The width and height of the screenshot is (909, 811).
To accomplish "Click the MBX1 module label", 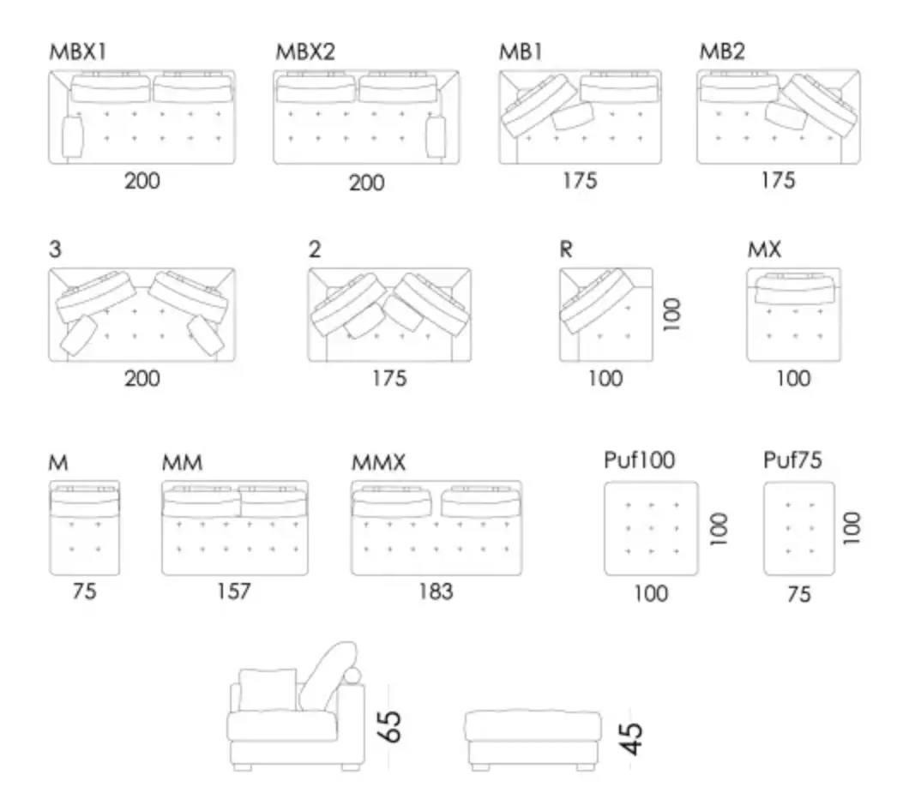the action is point(78,52).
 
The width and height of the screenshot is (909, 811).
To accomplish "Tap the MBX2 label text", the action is point(305,52).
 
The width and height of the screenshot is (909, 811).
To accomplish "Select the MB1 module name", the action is point(521,52).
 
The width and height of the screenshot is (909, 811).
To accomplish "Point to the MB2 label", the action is point(722,51).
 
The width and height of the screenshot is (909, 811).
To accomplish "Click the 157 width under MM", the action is point(233,592).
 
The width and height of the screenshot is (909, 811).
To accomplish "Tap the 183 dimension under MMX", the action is point(436,592).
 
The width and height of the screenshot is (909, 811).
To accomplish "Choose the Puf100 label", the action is point(640,460).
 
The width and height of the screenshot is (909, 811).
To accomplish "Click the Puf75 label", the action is point(792,460).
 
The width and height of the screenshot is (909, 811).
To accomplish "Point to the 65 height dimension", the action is point(389,726).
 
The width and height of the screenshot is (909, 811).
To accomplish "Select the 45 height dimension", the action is point(631,738).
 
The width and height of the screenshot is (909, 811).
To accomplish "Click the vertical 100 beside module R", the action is point(671,315).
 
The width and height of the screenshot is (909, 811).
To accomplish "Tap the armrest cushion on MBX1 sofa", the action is point(73,137).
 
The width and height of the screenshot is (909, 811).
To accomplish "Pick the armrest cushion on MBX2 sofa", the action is point(436,137).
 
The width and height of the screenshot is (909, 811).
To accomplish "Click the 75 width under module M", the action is point(84,592).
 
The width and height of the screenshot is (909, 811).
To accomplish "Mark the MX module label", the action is point(764,249).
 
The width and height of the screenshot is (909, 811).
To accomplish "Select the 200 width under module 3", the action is point(142,379).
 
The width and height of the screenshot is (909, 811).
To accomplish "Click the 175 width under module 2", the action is point(389,379).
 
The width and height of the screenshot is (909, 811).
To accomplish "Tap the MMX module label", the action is point(378,463).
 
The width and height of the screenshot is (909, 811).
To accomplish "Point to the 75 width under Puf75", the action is point(799,594).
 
